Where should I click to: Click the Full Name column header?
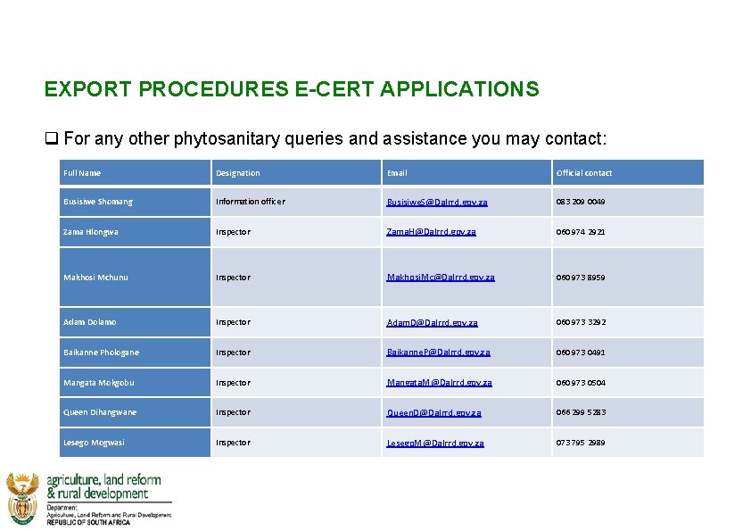(82, 173)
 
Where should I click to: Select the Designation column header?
(237, 173)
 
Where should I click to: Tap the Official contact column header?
(584, 173)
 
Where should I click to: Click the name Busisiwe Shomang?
(98, 202)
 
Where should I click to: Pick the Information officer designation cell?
(251, 202)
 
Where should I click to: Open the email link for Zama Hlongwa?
(432, 232)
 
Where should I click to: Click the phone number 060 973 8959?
(581, 278)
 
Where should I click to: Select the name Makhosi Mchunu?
(95, 278)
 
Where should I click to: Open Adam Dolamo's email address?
(433, 322)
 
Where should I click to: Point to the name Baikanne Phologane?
(101, 353)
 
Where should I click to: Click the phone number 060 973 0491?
(581, 353)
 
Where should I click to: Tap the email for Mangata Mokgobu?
(439, 383)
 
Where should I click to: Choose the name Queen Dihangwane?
(100, 412)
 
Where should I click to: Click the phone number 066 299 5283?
(581, 412)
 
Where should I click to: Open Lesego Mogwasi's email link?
(435, 443)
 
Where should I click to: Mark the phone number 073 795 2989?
(581, 443)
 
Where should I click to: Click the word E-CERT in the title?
(333, 89)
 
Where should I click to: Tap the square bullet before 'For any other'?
(52, 139)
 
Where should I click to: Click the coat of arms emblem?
(22, 498)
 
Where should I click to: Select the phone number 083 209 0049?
(581, 202)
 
